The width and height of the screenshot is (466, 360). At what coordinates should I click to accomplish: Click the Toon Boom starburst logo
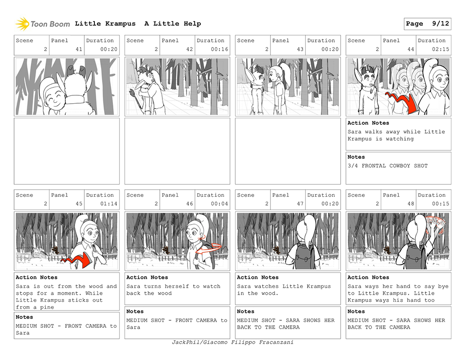[23, 24]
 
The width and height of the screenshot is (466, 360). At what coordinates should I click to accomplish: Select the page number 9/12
[440, 24]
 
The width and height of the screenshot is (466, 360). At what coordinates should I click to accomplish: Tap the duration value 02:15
[440, 49]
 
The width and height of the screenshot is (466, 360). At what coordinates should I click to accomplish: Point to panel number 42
[190, 49]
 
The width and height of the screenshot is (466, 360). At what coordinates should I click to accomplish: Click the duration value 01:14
[109, 204]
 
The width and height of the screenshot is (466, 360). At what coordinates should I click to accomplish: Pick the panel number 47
[300, 204]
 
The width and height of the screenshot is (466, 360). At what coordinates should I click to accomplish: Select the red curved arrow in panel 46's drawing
[210, 249]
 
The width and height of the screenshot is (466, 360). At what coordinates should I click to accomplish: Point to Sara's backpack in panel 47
[304, 256]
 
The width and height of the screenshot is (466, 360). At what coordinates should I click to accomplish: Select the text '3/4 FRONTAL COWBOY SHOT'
[387, 166]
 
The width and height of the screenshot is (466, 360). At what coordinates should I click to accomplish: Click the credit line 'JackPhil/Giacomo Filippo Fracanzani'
[233, 342]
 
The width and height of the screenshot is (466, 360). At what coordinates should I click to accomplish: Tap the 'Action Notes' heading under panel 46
[147, 277]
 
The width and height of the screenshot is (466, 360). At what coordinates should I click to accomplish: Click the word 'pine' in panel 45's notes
[47, 307]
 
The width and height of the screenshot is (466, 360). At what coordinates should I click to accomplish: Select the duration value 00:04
[219, 204]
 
